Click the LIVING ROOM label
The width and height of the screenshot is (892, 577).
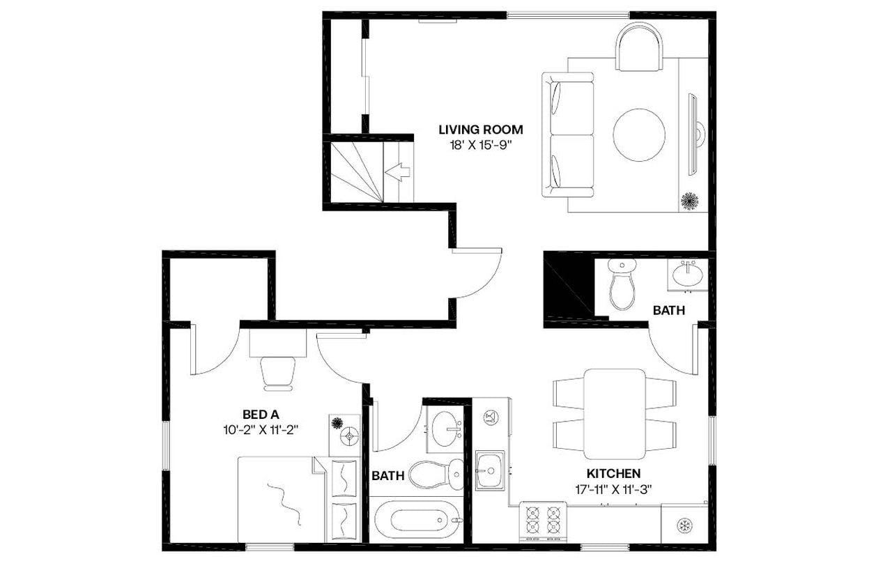480,130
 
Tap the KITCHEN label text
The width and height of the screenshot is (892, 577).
613,474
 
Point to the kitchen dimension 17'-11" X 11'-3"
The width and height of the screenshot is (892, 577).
613,488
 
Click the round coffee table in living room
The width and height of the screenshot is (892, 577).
638,134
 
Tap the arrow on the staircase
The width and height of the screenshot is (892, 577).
397,171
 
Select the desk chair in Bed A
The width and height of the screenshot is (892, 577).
278,372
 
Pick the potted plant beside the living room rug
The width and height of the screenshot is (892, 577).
690,201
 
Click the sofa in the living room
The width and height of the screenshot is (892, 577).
568,134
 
